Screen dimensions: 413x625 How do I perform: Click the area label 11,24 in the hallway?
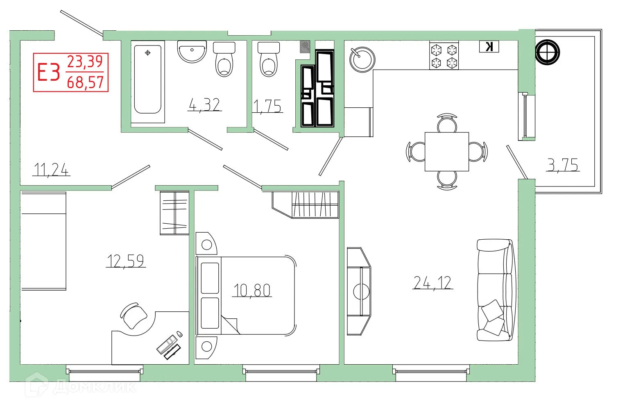coord(52,169)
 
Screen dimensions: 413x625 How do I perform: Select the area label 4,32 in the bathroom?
coord(204,105)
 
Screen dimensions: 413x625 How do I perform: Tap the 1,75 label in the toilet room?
coord(267,107)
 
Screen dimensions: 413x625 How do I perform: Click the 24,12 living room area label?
coord(433,283)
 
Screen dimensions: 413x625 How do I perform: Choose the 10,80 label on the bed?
coord(252,290)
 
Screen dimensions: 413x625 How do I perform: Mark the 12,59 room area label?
coord(125,261)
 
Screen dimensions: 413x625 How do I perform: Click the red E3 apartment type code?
coord(48,73)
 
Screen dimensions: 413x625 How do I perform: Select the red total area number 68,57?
coord(85,82)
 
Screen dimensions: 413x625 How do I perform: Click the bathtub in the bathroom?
coord(147,79)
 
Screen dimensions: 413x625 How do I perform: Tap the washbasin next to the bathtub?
coord(192,52)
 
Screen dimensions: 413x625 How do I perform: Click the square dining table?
coord(446,152)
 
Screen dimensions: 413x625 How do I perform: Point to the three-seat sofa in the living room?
coord(495,290)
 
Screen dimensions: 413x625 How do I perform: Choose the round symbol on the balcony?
coord(547,52)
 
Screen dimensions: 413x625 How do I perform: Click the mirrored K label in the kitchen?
coord(489,47)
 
